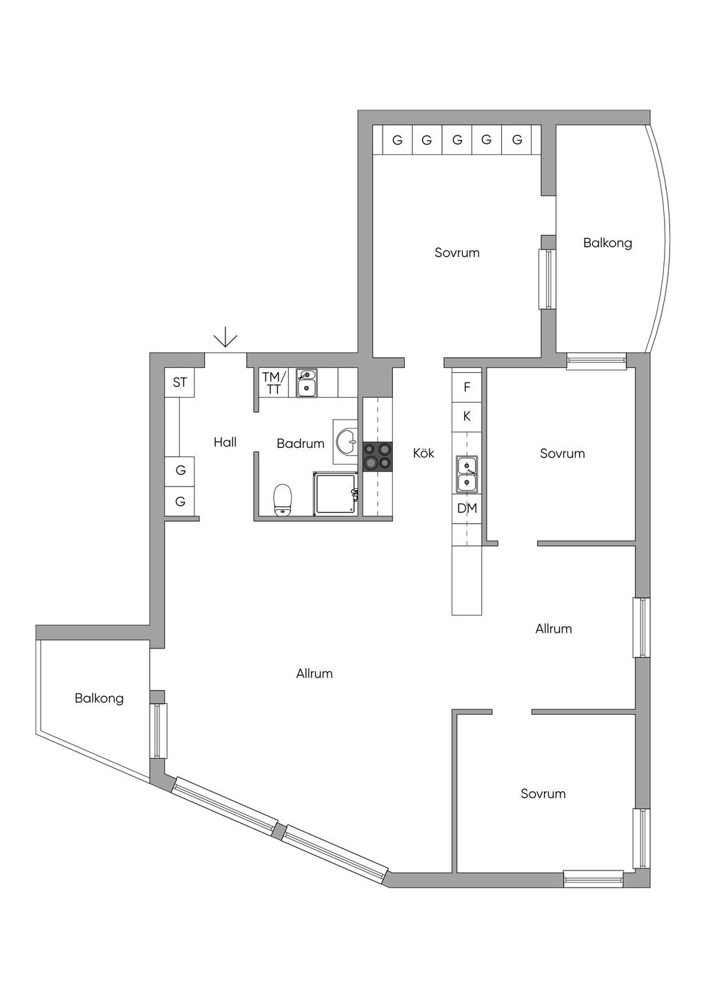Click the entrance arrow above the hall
[225, 337]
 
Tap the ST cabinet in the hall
[180, 383]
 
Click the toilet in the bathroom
[282, 500]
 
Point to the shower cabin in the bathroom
[336, 494]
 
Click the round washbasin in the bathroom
[346, 442]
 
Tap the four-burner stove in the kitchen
[378, 457]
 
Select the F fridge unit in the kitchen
[467, 387]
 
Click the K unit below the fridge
[467, 416]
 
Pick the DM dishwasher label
[467, 508]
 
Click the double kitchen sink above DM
[467, 474]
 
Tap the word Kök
[423, 453]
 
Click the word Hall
[225, 442]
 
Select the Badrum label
[301, 443]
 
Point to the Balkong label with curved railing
[607, 243]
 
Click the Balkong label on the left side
[99, 698]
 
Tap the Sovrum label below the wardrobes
[457, 253]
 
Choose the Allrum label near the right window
[553, 629]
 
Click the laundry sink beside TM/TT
[306, 383]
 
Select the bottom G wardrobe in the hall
[180, 501]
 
